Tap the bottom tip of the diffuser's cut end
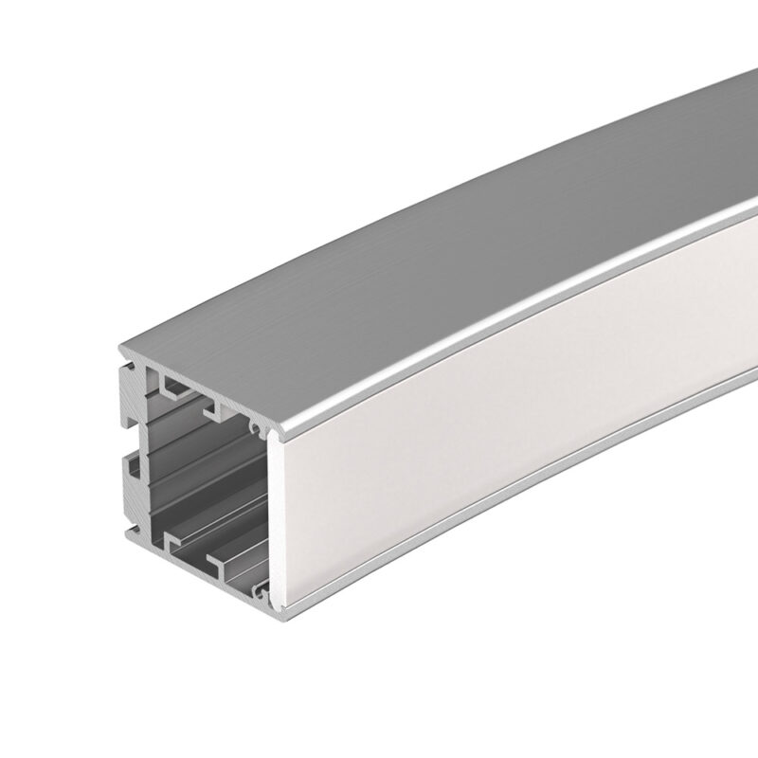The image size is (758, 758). point(276,601)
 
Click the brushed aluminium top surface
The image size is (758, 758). point(474,218)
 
